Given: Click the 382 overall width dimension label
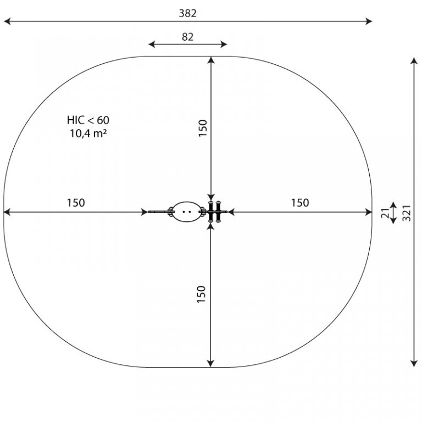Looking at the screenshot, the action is (187, 13).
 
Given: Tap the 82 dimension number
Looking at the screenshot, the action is (187, 37).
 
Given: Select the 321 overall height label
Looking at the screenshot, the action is (407, 213).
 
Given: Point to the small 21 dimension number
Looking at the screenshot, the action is (386, 213).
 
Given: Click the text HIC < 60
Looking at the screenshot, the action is (88, 120).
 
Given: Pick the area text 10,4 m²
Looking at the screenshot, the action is (88, 133).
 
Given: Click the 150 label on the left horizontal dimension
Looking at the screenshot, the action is (76, 203).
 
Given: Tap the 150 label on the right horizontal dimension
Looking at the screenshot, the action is (300, 203).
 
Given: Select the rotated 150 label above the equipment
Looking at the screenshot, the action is (203, 128).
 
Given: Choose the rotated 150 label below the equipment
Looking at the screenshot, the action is (202, 294).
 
